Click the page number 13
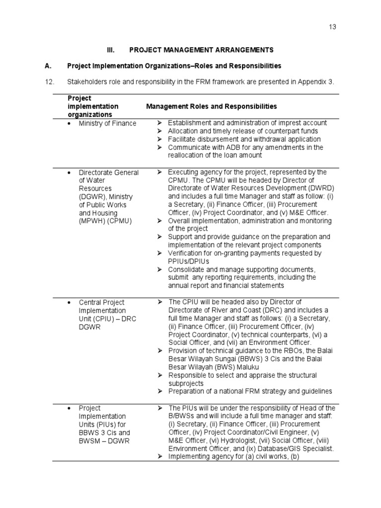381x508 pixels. (x=332, y=27)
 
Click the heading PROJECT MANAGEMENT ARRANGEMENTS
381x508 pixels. (x=201, y=50)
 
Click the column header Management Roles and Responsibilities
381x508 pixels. (x=211, y=107)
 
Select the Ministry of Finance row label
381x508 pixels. (x=107, y=124)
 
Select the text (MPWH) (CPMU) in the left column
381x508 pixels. (x=105, y=221)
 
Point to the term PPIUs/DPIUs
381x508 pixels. (x=189, y=261)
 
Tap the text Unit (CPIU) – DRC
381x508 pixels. (x=103, y=318)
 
